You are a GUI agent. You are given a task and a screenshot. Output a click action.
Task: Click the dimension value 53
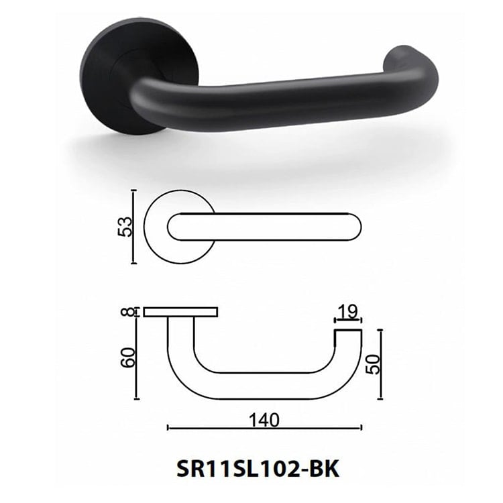(x=125, y=227)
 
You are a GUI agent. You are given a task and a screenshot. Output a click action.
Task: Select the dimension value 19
(x=348, y=312)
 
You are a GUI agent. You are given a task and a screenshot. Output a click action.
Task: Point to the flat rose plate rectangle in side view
(x=181, y=312)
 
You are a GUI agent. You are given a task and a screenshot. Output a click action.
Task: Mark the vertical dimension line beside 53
(x=134, y=227)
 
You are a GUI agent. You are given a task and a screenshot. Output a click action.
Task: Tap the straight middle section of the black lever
(x=268, y=101)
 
